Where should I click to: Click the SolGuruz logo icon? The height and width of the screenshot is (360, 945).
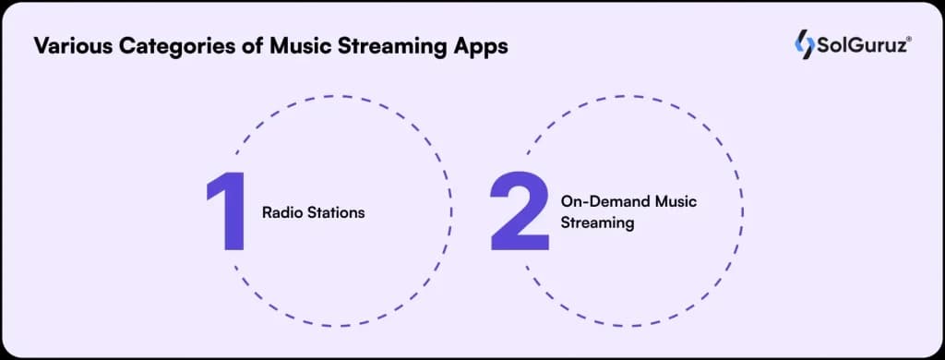(x=805, y=43)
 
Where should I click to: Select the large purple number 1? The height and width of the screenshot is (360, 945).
(x=227, y=211)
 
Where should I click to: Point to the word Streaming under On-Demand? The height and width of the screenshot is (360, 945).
(x=597, y=222)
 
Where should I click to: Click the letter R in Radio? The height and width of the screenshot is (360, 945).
(x=267, y=212)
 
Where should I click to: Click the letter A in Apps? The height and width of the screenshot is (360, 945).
(x=461, y=46)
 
